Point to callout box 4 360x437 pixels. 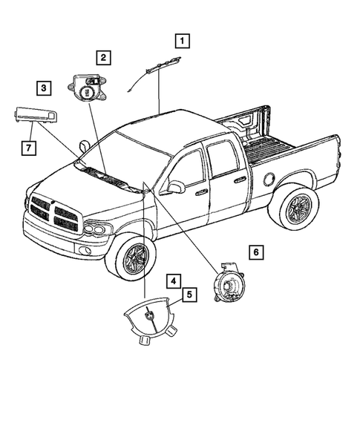171,281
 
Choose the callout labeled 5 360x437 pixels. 190,295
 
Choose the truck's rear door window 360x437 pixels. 223,161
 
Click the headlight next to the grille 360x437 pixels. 95,229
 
